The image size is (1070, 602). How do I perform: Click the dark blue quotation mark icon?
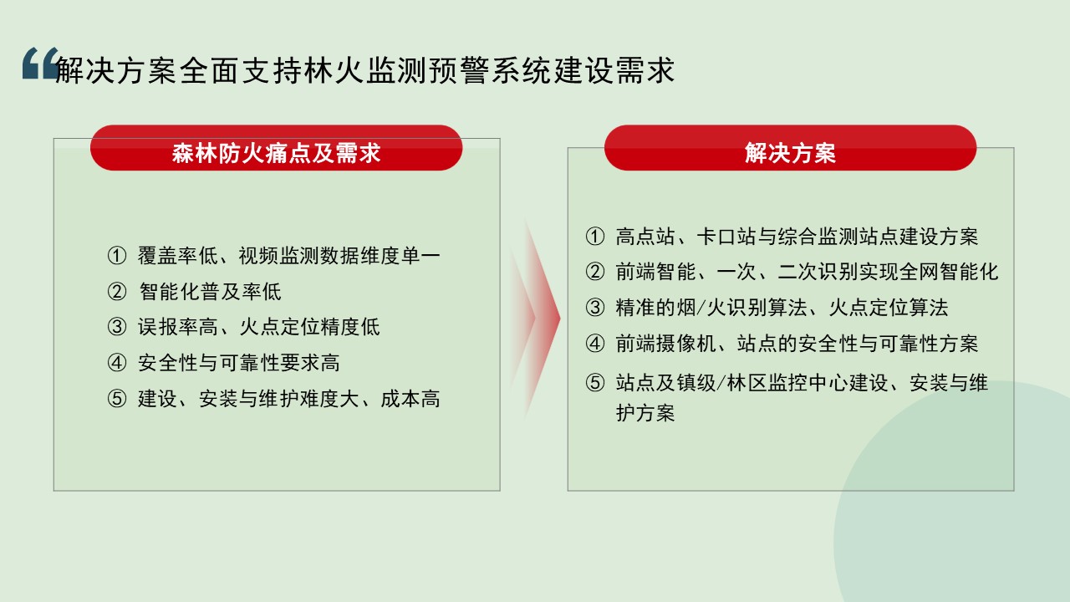point(41,63)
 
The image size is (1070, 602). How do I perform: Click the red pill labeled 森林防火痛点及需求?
point(276,148)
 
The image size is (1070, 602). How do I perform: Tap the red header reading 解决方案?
point(790,148)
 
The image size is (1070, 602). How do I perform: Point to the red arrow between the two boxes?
point(534,319)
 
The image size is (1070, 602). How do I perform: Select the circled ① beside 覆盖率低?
point(117,256)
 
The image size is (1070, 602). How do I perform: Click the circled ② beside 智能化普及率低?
point(117,292)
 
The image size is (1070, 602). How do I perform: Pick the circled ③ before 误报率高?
point(117,327)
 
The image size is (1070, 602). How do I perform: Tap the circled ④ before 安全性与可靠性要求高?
point(117,363)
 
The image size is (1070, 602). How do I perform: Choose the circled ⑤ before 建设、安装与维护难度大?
point(117,399)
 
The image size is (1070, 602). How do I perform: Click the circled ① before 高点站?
point(595,237)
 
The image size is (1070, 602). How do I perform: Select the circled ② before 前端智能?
point(595,272)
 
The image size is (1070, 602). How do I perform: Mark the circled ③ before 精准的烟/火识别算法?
point(595,308)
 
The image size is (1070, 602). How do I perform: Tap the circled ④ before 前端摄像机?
point(595,344)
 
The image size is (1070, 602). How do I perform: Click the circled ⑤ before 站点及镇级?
point(595,383)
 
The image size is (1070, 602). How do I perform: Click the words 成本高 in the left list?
point(410,399)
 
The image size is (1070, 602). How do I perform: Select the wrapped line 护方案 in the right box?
point(645,413)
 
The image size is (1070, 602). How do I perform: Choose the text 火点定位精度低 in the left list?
point(309,327)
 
